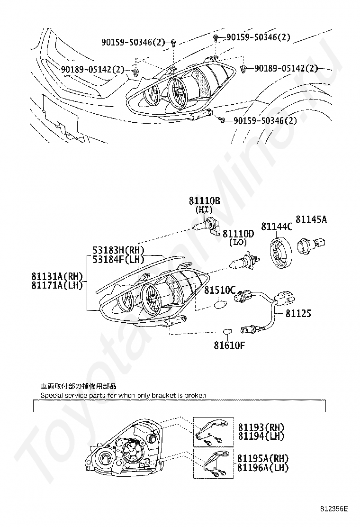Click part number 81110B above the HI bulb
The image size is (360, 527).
click(x=204, y=201)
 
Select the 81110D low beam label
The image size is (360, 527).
click(x=238, y=234)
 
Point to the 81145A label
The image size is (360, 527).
click(x=311, y=219)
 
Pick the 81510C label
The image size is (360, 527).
click(x=220, y=290)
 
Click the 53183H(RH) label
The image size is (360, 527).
click(x=118, y=250)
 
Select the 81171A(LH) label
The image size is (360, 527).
click(x=57, y=285)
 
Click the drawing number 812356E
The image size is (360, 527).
click(x=333, y=509)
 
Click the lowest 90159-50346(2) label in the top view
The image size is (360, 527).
click(x=265, y=121)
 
